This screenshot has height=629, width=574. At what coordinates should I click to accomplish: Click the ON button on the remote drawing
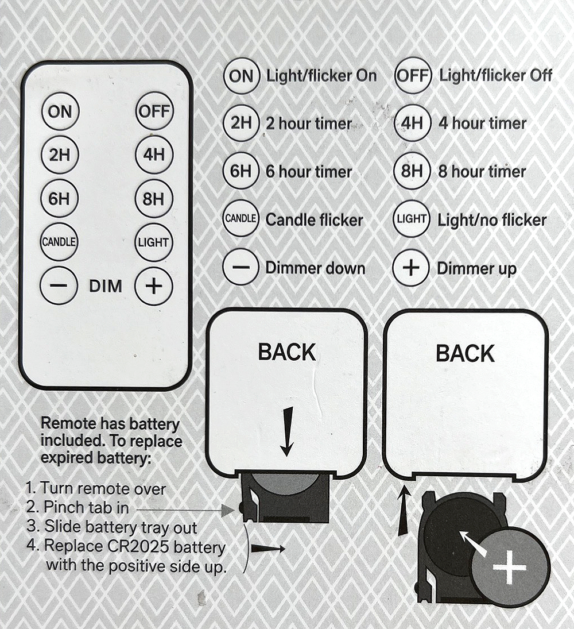click(x=60, y=111)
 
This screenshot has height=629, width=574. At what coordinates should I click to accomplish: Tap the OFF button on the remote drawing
click(x=154, y=111)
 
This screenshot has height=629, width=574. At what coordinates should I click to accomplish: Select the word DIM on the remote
click(x=106, y=287)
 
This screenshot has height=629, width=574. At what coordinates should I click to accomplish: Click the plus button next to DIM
click(x=153, y=286)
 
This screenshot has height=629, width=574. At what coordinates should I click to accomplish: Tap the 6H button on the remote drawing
click(x=60, y=199)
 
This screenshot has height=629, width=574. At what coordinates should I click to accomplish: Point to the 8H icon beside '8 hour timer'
click(x=412, y=171)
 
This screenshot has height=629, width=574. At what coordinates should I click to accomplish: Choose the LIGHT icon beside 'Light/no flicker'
click(x=412, y=219)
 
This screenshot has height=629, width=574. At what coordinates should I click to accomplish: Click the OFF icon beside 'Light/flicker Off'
click(x=412, y=75)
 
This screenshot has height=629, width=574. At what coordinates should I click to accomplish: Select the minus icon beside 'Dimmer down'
click(x=241, y=268)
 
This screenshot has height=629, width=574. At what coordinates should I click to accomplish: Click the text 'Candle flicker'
click(x=314, y=220)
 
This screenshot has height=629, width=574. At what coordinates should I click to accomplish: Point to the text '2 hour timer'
click(x=308, y=124)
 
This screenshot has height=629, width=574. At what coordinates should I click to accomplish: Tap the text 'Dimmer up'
click(x=476, y=268)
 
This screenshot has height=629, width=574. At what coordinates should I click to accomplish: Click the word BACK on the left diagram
click(x=286, y=352)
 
